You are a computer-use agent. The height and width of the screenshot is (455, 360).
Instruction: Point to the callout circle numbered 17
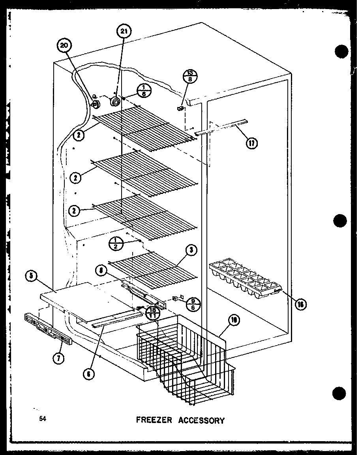(x=251, y=142)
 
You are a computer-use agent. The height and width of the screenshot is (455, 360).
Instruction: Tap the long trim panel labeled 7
(x=48, y=328)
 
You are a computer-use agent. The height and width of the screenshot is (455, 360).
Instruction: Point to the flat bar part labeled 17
(x=220, y=128)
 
